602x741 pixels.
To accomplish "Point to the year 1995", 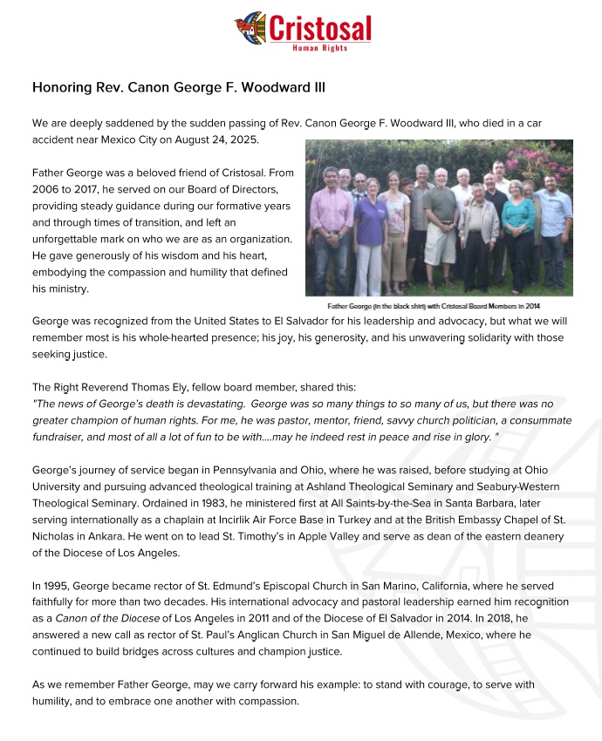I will point(59,586).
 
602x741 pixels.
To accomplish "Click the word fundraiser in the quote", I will point(62,437).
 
